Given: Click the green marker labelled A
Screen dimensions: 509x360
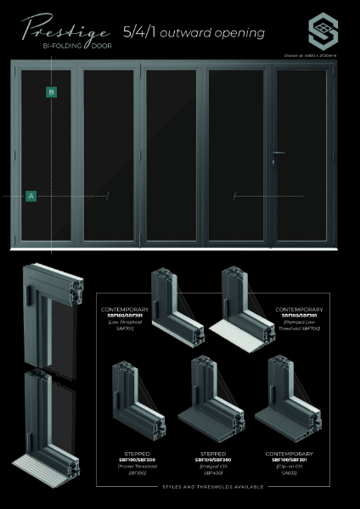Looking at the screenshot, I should [x=31, y=195].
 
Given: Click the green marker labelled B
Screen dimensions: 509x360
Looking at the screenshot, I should [x=52, y=92].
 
